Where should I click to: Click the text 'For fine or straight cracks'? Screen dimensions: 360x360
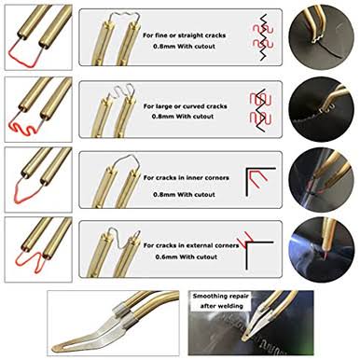[184, 35]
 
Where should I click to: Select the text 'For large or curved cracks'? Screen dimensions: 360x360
[185, 106]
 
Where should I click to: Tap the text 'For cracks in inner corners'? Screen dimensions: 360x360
[186, 178]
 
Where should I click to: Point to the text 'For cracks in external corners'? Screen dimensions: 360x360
[191, 245]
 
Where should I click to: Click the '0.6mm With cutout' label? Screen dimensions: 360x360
[187, 256]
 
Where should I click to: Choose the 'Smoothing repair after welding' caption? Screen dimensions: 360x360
[221, 300]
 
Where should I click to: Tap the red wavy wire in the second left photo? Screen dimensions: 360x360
[23, 128]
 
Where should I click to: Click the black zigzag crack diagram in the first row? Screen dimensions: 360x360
[263, 36]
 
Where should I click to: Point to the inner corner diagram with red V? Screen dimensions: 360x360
[260, 182]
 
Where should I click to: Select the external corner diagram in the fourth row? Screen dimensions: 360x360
[255, 250]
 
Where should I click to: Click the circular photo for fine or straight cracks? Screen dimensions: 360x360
[321, 37]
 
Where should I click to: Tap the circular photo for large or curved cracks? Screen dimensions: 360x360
[321, 109]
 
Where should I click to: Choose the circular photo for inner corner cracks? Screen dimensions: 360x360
[321, 180]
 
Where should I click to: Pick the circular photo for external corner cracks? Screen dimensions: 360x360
[321, 250]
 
